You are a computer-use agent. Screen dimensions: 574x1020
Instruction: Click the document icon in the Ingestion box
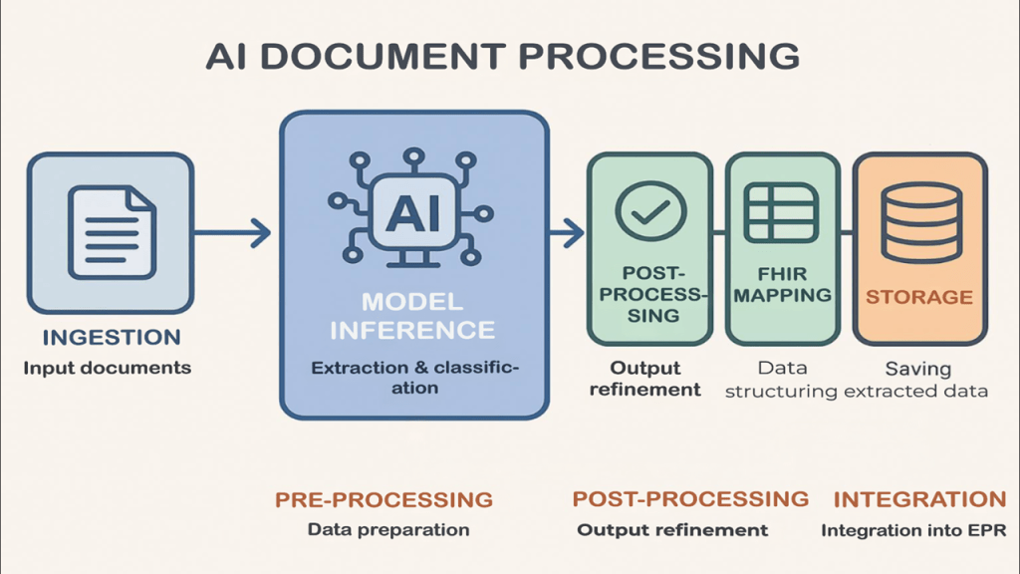point(110,231)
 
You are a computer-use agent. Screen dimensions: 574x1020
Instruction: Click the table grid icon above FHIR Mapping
point(781,212)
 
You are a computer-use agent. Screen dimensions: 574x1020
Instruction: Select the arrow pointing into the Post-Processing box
point(566,233)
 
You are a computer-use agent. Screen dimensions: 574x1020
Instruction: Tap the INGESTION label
point(110,337)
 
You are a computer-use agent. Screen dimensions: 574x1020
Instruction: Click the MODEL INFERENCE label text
point(412,315)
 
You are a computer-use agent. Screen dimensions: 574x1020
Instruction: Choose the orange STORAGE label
point(918,297)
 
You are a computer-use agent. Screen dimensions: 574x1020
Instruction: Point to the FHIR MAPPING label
point(781,283)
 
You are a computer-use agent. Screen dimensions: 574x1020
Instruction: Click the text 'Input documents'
point(108,368)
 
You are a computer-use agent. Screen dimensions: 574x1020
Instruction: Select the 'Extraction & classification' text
point(414,378)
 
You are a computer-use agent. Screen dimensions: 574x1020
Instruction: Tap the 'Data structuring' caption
point(781,380)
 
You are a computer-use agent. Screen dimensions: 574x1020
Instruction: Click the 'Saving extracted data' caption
point(918,380)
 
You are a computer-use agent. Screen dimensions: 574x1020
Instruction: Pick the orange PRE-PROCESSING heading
point(383,499)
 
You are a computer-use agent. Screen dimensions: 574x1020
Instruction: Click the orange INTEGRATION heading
point(919,499)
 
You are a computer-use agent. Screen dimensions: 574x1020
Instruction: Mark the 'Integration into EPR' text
point(913,530)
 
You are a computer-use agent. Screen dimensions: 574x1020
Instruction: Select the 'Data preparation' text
point(387,530)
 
